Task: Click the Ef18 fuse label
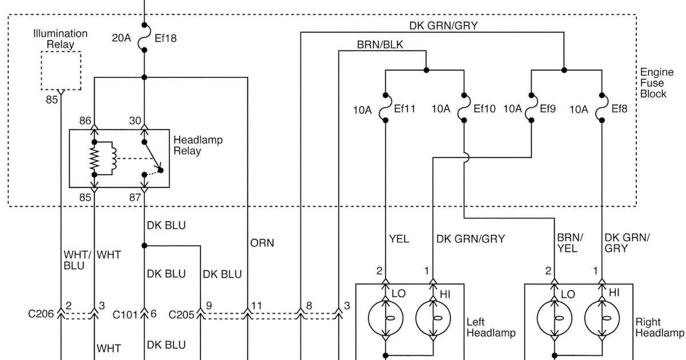(166, 39)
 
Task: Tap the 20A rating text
(121, 39)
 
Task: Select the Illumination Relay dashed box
(61, 70)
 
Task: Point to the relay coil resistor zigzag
(95, 157)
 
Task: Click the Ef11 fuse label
(405, 107)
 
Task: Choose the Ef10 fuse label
(484, 107)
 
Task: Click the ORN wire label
(262, 243)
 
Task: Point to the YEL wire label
(399, 239)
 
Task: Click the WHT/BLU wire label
(74, 260)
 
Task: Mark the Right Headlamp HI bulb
(601, 318)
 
